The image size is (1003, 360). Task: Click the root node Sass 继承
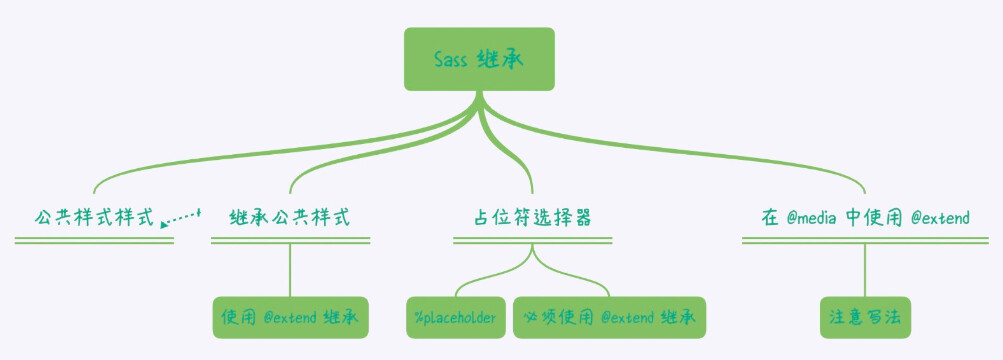point(478,59)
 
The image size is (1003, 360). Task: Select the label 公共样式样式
point(94,217)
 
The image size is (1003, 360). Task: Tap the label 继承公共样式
point(289,217)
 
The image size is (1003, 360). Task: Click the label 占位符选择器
point(532,217)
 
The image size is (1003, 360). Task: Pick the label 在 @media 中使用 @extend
point(865,217)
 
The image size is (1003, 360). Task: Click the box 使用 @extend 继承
point(290,317)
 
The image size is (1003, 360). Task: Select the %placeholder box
point(456,317)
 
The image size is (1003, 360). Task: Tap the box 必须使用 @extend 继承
point(609,317)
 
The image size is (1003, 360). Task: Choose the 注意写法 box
point(864,317)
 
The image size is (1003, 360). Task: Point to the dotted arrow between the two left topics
point(182,215)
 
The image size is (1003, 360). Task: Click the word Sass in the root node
point(450,59)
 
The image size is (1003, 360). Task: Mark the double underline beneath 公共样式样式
point(94,240)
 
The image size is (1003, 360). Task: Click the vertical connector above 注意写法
point(865,270)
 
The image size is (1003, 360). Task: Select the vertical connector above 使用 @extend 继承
point(290,270)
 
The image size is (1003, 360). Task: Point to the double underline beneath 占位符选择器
point(532,240)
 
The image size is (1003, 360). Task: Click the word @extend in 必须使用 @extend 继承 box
point(628,317)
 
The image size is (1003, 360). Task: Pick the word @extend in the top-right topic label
point(940,217)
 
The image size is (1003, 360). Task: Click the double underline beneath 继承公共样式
point(290,240)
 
